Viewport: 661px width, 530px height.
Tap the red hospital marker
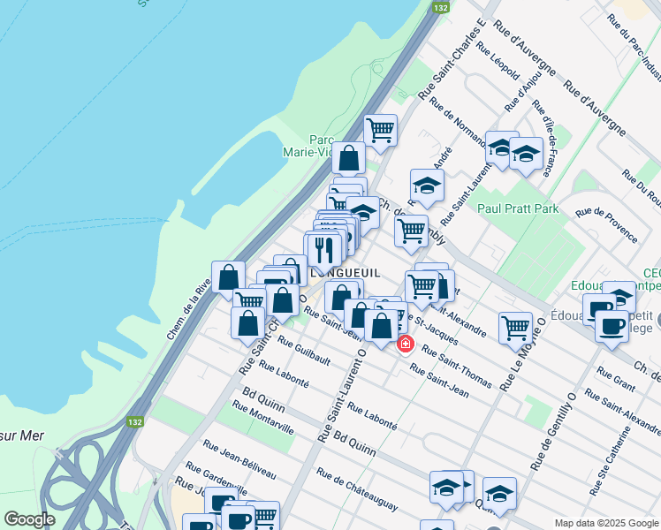[x=406, y=344]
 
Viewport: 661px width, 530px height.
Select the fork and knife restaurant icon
[x=323, y=253]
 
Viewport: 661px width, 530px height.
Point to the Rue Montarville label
[x=262, y=416]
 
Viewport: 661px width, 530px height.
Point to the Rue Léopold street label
[x=498, y=62]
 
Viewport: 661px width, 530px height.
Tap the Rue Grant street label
[x=618, y=381]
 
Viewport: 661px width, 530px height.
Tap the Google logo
[x=29, y=519]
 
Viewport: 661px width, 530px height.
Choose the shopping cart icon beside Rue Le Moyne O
[x=515, y=328]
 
